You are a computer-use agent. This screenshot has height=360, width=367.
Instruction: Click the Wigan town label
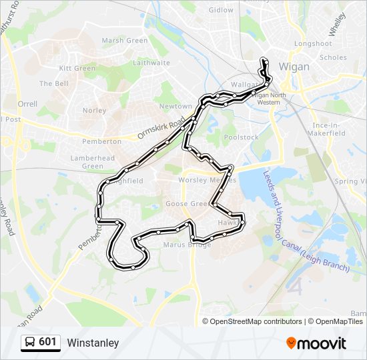(295, 67)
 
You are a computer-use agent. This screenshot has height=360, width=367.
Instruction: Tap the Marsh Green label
(124, 41)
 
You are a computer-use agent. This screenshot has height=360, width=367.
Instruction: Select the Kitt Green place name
(77, 68)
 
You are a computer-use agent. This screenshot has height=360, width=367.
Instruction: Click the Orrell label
(27, 104)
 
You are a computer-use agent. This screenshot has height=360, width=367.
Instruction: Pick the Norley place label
(94, 111)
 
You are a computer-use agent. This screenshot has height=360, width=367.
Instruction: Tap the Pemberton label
(101, 141)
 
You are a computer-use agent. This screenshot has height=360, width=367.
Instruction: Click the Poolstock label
(241, 137)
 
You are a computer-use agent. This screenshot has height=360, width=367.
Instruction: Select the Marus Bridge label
(187, 245)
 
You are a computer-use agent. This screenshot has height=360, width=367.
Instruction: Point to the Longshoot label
(313, 44)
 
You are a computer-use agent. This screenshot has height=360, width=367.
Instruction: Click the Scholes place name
(333, 57)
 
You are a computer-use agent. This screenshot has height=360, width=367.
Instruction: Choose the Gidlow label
(221, 10)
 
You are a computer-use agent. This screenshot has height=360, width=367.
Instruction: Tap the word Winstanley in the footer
(93, 343)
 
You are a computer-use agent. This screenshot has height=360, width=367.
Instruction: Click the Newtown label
(175, 107)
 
